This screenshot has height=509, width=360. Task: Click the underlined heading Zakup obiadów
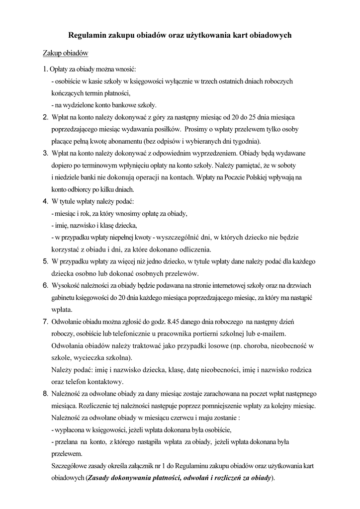[x=65, y=53]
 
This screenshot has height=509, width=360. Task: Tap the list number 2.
[x=45, y=117]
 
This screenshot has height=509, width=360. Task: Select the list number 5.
[x=45, y=261]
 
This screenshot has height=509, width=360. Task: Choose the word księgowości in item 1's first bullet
[x=152, y=81]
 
